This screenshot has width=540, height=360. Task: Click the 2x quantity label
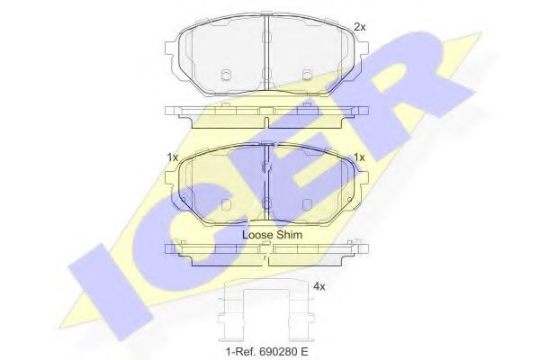pyautogui.click(x=360, y=28)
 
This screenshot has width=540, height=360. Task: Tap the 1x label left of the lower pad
pyautogui.click(x=172, y=157)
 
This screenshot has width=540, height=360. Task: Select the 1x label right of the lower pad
pyautogui.click(x=359, y=157)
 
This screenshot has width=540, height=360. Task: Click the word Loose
pyautogui.click(x=259, y=234)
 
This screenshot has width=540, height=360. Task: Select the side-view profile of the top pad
pyautogui.click(x=267, y=117)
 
